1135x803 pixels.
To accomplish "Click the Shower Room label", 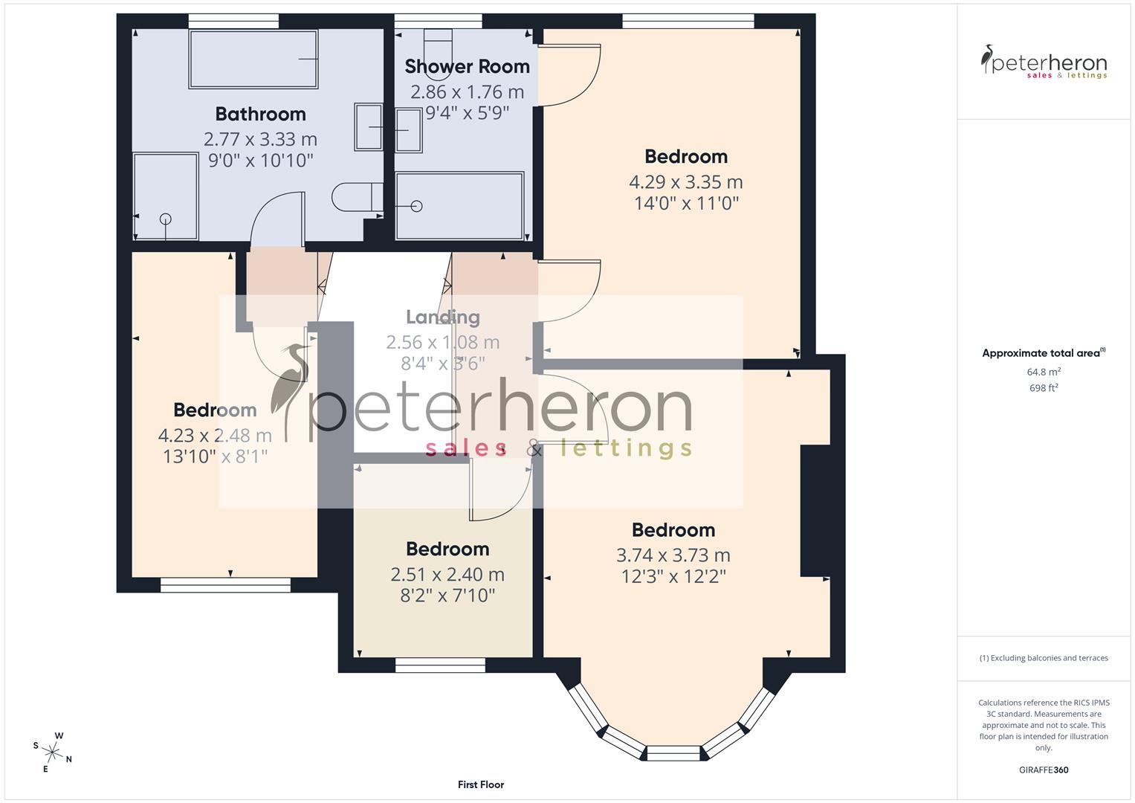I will pos(467,66).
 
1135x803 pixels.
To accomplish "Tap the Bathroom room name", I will pos(260,114).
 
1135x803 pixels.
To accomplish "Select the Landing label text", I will pos(442,317).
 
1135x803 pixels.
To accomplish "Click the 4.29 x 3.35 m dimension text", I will pos(685,182).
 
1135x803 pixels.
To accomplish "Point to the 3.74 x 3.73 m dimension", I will pos(673,555).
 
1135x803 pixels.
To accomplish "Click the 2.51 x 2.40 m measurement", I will pos(447,575).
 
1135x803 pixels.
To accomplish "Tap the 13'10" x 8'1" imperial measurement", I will pos(215,456).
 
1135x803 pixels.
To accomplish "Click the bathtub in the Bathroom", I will pos(253,59).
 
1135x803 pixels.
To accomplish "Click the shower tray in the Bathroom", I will pos(166,196).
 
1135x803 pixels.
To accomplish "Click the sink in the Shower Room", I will pos(408,130).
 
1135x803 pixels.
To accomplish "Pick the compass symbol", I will pos(52,752).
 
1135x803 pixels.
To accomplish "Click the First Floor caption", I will pos(480,784).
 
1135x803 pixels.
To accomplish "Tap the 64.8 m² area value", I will pos(1043,372).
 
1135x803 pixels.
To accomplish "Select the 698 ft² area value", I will pos(1043,387).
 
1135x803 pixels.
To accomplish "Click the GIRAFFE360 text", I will pos(1043,770).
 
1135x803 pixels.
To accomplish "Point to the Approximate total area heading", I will pos(1043,353).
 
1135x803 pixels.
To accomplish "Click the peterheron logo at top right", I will pos(1043,63).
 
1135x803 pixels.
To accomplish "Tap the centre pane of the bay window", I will pos(673,753).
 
